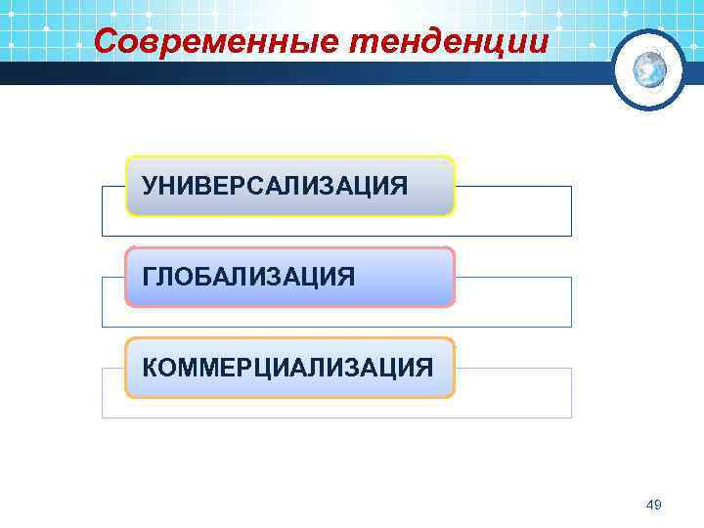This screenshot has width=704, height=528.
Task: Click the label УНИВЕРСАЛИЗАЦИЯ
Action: click(275, 185)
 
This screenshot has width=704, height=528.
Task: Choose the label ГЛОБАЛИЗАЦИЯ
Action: click(249, 277)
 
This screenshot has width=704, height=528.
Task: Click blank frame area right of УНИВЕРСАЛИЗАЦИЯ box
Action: click(512, 211)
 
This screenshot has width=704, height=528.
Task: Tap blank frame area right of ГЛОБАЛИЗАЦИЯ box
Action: click(512, 302)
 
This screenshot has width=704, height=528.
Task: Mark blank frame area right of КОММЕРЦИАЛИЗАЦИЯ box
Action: click(512, 393)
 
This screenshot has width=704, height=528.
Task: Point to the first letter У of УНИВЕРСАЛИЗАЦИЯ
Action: click(150, 185)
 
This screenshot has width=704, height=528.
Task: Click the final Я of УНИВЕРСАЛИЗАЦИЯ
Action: click(400, 185)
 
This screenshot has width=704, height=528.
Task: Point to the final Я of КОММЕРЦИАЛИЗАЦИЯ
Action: click(423, 368)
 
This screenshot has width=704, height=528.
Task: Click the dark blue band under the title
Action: click(293, 74)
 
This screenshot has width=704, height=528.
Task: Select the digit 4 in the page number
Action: click(651, 505)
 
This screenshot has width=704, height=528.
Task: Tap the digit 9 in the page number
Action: click(659, 505)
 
